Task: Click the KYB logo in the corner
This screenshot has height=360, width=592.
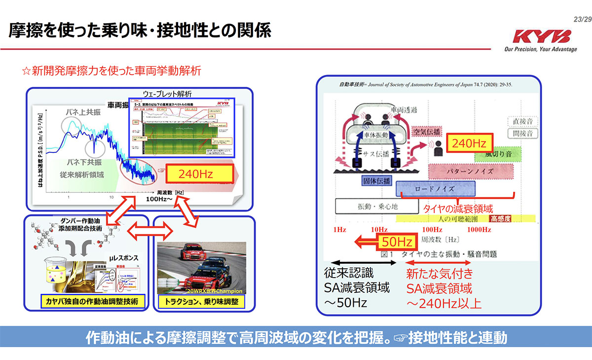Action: coord(541,36)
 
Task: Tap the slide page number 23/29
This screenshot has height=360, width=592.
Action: coord(580,19)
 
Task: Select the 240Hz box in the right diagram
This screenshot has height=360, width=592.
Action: coord(469,144)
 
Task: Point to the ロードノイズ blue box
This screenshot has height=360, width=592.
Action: coord(435,189)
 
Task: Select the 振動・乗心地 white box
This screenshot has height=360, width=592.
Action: coord(373,207)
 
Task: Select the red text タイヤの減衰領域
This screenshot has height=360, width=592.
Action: coord(458,209)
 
